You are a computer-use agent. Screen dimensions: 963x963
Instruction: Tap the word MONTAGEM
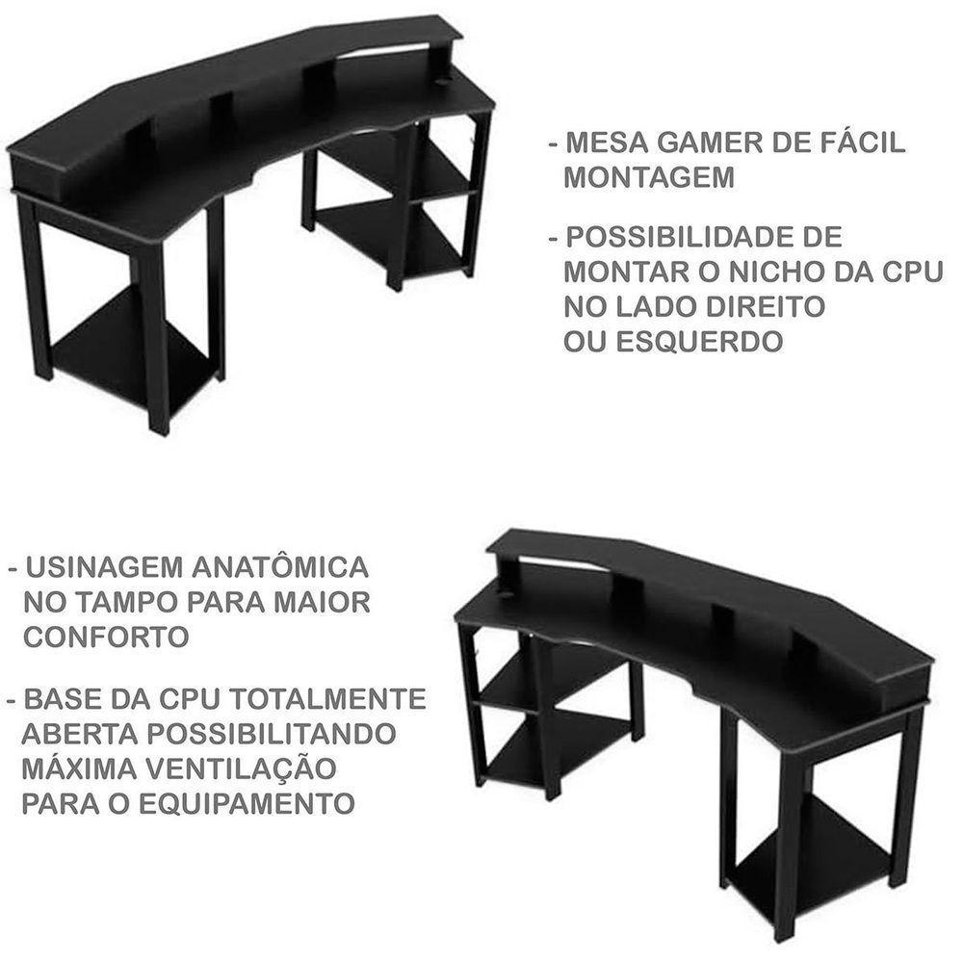647,178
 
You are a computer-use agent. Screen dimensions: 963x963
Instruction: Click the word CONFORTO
106,637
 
